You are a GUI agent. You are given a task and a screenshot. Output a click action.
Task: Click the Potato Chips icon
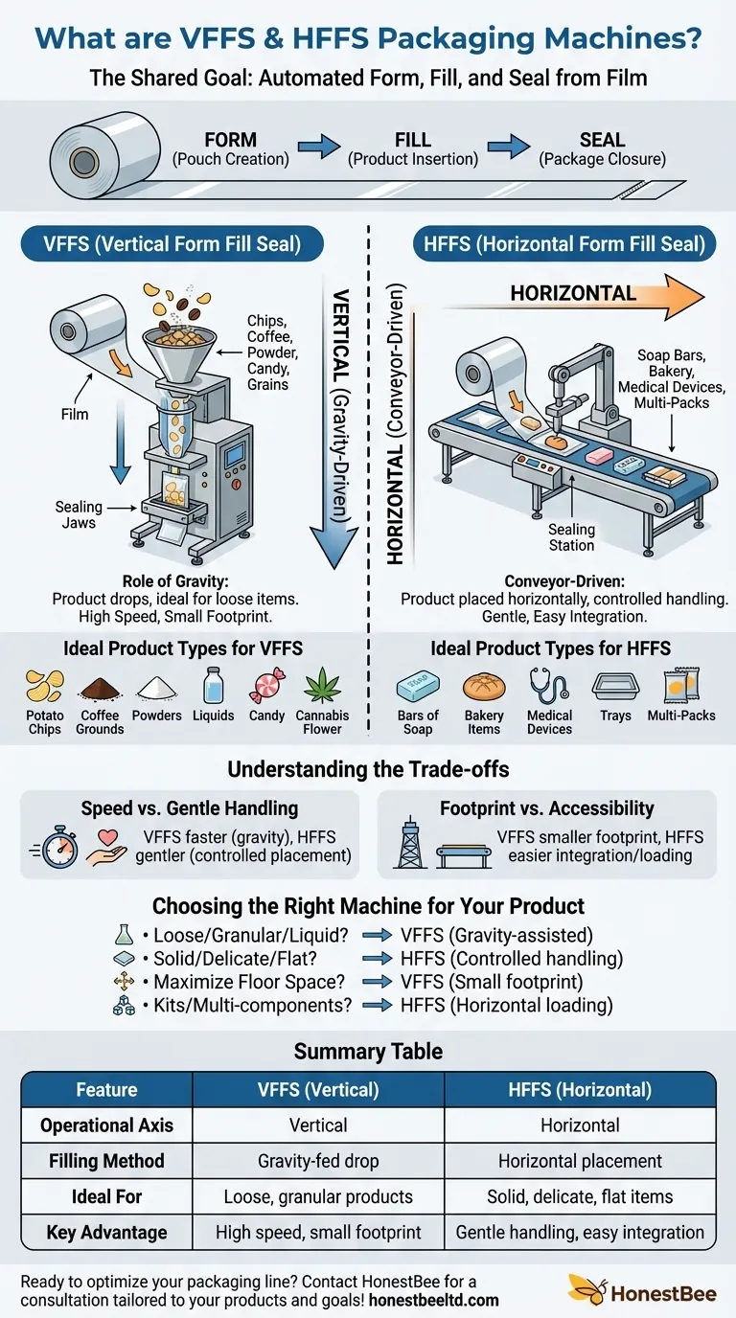(x=45, y=687)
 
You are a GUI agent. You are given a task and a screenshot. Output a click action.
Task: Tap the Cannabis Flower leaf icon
(x=322, y=686)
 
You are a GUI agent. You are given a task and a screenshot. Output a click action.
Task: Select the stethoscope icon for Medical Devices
(x=549, y=687)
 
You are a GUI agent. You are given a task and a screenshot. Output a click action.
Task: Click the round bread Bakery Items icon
(x=484, y=687)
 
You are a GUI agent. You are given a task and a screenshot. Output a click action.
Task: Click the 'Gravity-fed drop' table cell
(x=318, y=1161)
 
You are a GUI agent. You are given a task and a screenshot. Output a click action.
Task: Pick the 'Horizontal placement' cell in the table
(x=580, y=1161)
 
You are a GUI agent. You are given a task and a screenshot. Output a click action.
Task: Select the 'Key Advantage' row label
(x=106, y=1233)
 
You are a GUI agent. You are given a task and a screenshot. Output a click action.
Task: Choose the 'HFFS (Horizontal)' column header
(x=580, y=1089)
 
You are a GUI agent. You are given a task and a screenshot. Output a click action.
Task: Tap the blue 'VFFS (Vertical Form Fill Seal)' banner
(x=172, y=244)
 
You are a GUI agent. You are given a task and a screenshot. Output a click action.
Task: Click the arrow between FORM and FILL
(x=318, y=147)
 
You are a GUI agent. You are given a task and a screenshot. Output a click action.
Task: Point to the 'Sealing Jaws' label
(x=79, y=514)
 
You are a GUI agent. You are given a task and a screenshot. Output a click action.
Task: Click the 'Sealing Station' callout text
(x=571, y=536)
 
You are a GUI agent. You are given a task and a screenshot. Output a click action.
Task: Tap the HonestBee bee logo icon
(x=584, y=1288)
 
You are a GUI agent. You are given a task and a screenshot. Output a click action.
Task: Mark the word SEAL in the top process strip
(x=602, y=140)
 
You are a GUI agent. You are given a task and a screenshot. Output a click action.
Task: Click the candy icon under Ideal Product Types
(x=266, y=687)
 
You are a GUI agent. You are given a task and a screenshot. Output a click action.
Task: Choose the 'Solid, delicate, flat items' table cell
(x=580, y=1196)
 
